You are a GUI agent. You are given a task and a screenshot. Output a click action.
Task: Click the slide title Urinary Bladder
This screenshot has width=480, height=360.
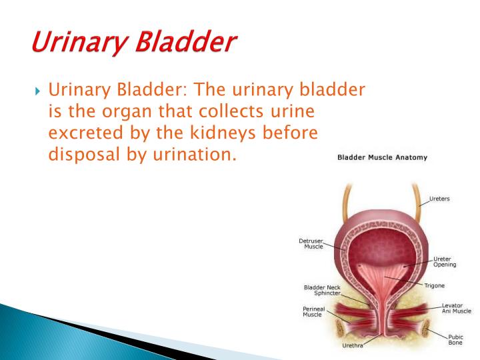pos(133,42)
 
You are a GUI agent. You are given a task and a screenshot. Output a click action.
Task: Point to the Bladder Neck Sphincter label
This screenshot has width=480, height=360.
pos(322,291)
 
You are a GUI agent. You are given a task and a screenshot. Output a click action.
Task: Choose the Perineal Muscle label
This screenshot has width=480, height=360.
pos(315,311)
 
